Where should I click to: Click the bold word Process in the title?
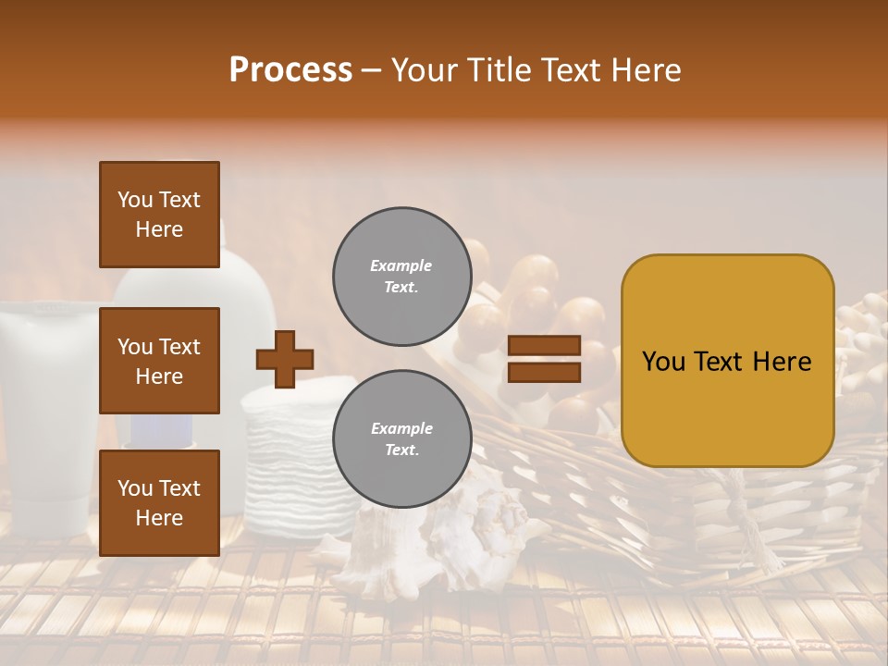coord(290,70)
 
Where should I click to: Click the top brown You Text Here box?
coord(159,215)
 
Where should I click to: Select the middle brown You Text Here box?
coord(159,361)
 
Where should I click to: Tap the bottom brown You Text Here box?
coord(159,502)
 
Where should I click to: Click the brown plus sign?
coord(285,359)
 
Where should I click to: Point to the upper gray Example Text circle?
coord(401,276)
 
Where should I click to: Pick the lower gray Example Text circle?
coord(401,438)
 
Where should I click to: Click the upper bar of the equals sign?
coord(544,346)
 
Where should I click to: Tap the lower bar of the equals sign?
coord(544,372)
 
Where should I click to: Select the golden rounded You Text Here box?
coord(727,361)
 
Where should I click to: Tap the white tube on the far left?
coord(46,416)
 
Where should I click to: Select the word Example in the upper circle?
coord(401,265)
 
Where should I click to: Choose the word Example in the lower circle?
coord(401,428)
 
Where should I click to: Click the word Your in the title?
coord(425,70)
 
